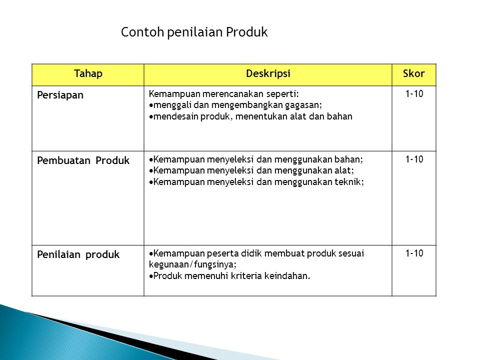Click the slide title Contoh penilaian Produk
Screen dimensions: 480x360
[x=194, y=32]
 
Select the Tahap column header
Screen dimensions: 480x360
[x=88, y=73]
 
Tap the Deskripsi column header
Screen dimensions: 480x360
[x=268, y=73]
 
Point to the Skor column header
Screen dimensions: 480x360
[x=414, y=73]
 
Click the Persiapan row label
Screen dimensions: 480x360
[x=60, y=95]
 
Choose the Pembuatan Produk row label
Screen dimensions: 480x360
[x=83, y=160]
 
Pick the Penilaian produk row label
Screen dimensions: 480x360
[x=78, y=254]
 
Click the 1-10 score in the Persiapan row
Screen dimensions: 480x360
[x=414, y=93]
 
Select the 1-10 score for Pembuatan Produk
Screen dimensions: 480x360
[x=414, y=159]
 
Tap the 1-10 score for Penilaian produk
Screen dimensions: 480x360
[x=414, y=253]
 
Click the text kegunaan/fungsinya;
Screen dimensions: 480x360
[x=192, y=265]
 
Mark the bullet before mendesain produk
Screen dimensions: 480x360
[x=151, y=117]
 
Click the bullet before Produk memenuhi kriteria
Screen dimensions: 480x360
[x=151, y=276]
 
